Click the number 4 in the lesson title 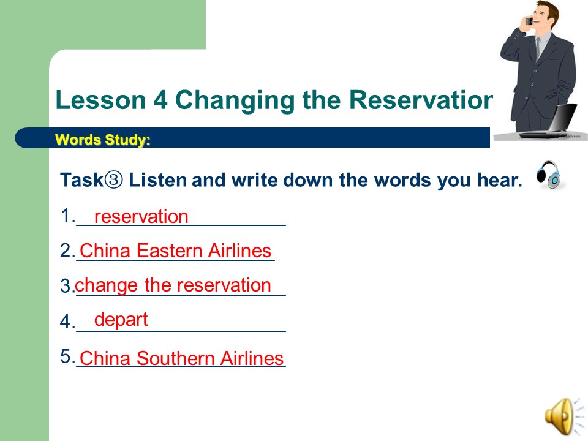pyautogui.click(x=160, y=100)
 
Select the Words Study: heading pyautogui.click(x=102, y=140)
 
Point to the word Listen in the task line pyautogui.click(x=157, y=180)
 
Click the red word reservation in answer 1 pyautogui.click(x=141, y=217)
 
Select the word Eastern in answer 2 pyautogui.click(x=170, y=251)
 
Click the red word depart pyautogui.click(x=121, y=320)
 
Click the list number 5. pyautogui.click(x=66, y=356)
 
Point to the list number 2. pyautogui.click(x=66, y=251)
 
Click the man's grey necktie pyautogui.click(x=538, y=49)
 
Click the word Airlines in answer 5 pyautogui.click(x=252, y=358)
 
